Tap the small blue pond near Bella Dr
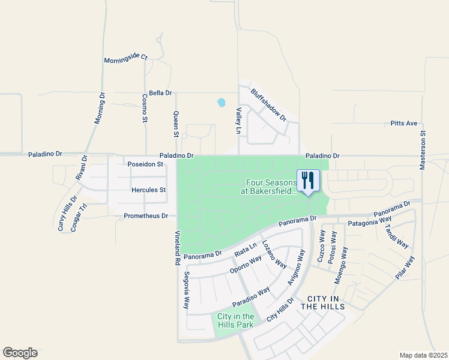(x=221, y=102)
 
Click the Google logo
(x=20, y=353)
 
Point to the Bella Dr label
(x=160, y=93)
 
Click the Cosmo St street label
(x=145, y=109)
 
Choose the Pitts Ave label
(x=403, y=123)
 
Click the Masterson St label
(x=423, y=151)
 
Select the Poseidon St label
(x=145, y=164)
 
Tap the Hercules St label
(x=148, y=190)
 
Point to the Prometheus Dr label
(x=146, y=215)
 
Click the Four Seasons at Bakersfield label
(x=269, y=187)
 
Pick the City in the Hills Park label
(x=235, y=320)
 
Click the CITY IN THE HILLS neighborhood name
(x=322, y=302)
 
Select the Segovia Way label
(x=187, y=289)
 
